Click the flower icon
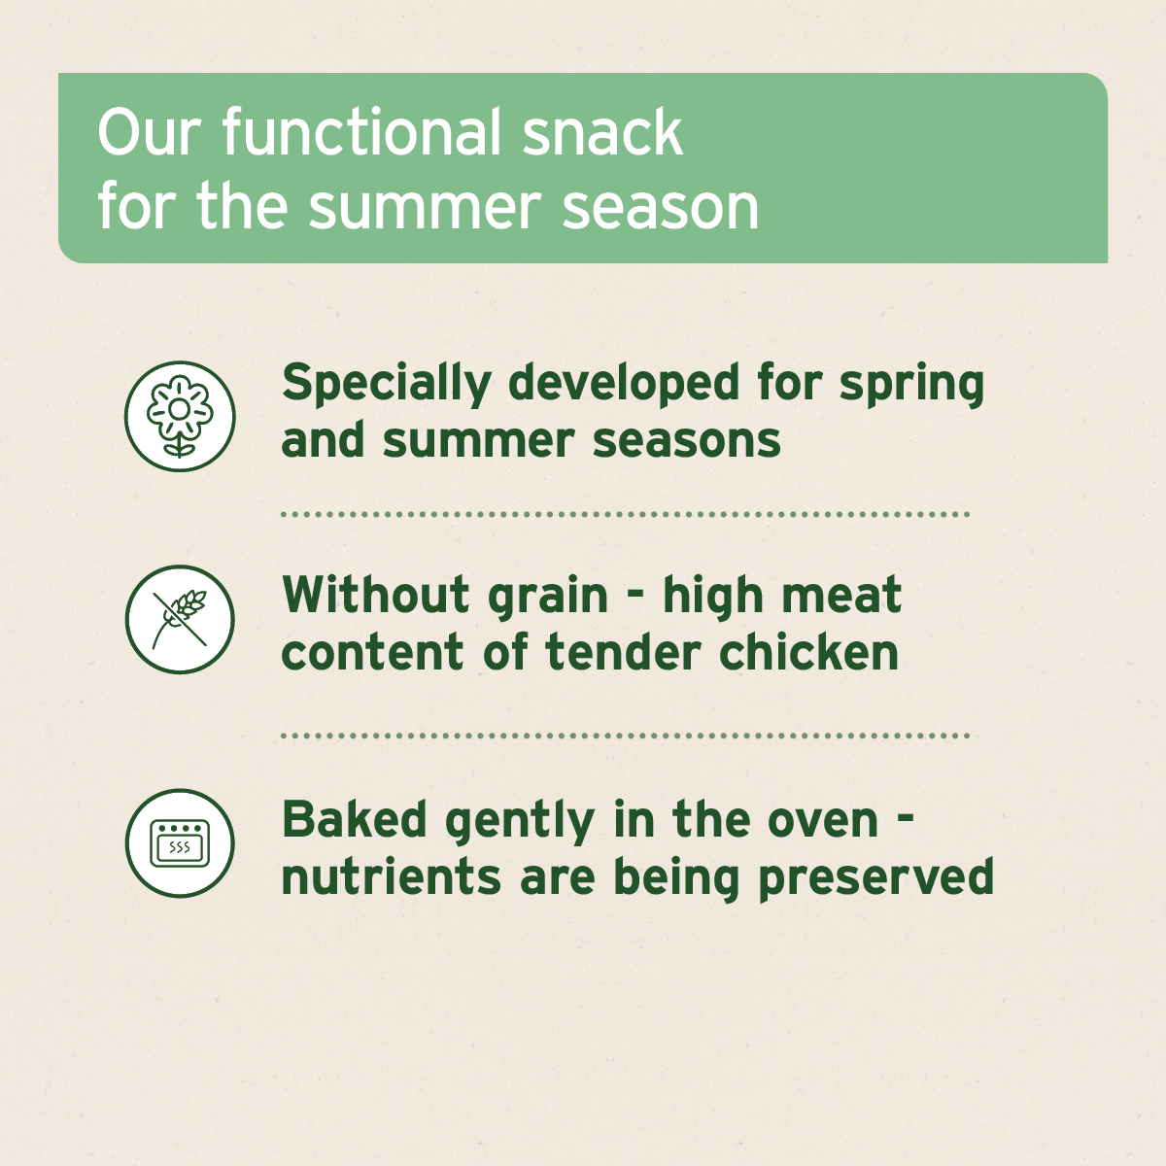[180, 416]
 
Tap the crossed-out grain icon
[180, 619]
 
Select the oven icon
[180, 842]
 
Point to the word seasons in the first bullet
[687, 440]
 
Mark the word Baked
[355, 819]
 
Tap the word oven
[823, 821]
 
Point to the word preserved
[875, 878]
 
